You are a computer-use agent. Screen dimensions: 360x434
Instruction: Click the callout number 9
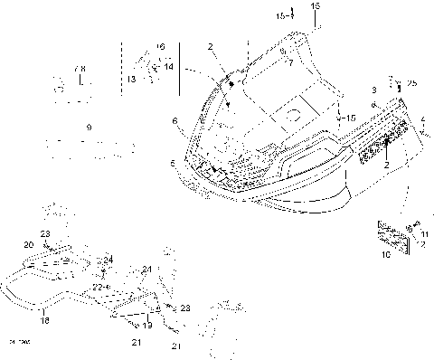point(88,128)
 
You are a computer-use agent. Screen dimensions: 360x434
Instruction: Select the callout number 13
point(131,80)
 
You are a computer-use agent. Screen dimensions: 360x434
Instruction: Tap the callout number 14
point(168,66)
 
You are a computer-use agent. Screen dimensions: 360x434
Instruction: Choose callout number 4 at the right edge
point(423,118)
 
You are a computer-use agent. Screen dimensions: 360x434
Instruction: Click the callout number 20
point(28,245)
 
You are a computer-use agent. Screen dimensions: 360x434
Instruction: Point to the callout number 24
point(109,260)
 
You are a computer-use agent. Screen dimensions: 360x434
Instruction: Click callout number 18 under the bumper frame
point(43,319)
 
